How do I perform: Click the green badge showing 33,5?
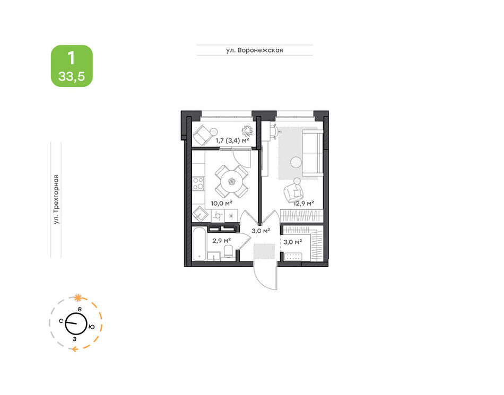pos(72,66)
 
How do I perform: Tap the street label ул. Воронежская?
pos(254,50)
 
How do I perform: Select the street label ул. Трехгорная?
pos(56,199)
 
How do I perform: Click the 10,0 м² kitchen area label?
pos(221,203)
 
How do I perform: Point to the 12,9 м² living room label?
pos(304,203)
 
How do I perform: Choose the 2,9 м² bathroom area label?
pos(221,241)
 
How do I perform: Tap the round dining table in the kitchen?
pos(231,181)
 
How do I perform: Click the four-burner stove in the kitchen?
pos(198,183)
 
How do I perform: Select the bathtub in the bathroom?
pos(199,244)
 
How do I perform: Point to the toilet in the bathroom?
pos(229,251)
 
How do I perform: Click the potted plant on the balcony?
pos(248,131)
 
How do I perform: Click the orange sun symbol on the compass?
pos(78,298)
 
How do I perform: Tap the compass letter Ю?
pos(92,327)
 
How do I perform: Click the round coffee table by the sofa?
pos(296,162)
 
